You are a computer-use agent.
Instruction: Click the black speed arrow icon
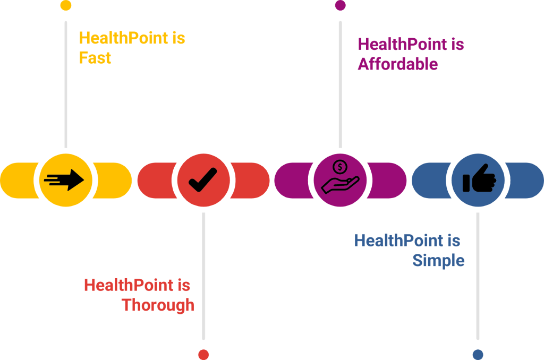[65, 179]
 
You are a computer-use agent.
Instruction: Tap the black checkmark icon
[203, 179]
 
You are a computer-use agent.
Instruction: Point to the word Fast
[95, 57]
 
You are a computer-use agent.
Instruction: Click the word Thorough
[158, 305]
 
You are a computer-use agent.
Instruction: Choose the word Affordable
[398, 64]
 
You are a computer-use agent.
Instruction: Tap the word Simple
[439, 261]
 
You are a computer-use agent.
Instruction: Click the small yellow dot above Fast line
[66, 5]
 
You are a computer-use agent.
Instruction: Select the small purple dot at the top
[341, 5]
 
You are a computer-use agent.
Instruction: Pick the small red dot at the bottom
[203, 354]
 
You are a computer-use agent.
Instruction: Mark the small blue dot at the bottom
[478, 354]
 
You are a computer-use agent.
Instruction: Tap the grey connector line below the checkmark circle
[203, 276]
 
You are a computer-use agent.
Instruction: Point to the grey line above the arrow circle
[66, 85]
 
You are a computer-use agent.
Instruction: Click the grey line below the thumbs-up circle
[478, 276]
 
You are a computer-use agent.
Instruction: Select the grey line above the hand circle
[341, 85]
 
